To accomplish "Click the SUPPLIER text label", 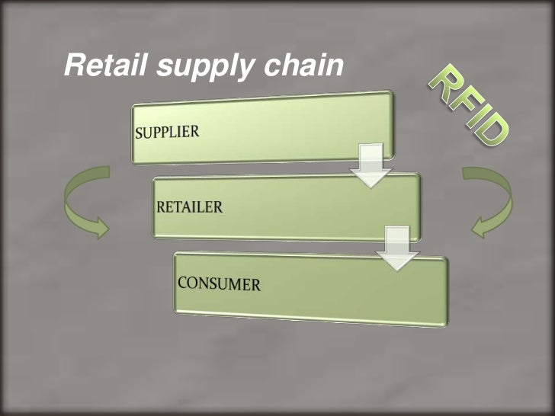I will (167, 132).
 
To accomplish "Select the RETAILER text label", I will (189, 206).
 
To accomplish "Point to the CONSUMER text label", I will (219, 284).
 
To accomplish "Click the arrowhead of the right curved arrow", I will (480, 226).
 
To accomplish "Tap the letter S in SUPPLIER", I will (139, 134).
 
